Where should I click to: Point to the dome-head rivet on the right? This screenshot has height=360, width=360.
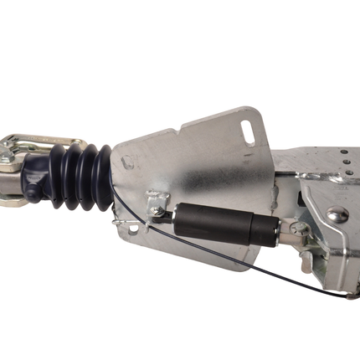tap(337, 215)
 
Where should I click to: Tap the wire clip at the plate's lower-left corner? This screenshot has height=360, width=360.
tap(134, 227)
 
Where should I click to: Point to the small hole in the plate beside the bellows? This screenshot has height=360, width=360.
tap(128, 162)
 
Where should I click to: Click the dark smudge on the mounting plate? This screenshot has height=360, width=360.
tap(201, 167)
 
